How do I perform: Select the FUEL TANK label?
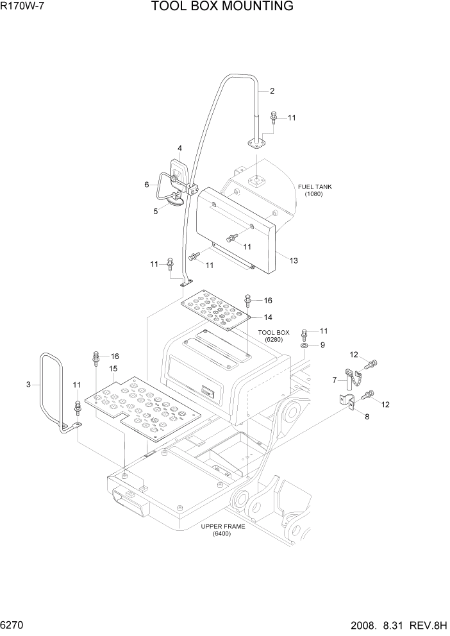(315, 190)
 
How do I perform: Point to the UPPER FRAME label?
(216, 530)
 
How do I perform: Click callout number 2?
(272, 91)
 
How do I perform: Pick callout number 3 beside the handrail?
(28, 385)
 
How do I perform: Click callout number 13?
(294, 261)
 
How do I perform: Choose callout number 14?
(268, 317)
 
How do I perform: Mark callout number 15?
(113, 369)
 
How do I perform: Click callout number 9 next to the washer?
(323, 345)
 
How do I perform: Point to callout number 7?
(334, 380)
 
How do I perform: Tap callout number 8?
(366, 417)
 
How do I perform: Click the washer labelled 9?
(304, 346)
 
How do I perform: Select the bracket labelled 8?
(347, 403)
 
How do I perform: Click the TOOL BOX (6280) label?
(274, 336)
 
